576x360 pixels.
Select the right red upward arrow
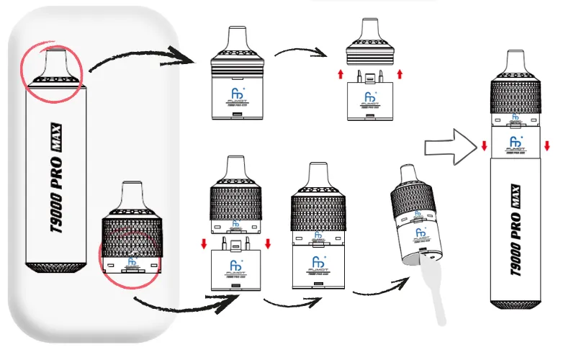pyautogui.click(x=400, y=73)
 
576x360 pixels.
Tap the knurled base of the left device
pyautogui.click(x=55, y=269)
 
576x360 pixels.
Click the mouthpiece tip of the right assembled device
pyautogui.click(x=515, y=60)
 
